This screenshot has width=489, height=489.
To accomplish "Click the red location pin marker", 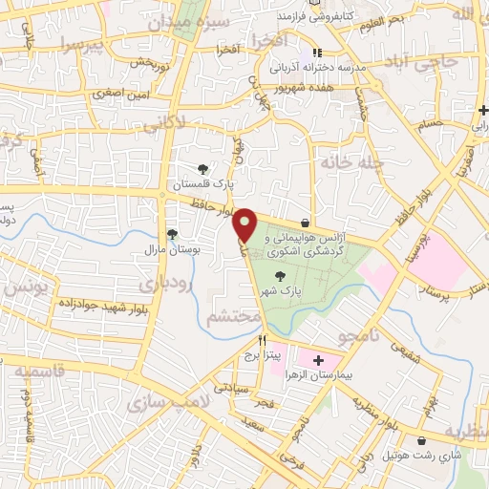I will coord(245,223).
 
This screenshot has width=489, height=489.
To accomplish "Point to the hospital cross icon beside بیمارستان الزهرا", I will coord(318,360).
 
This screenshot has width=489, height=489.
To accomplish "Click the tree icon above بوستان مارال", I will coord(173,234).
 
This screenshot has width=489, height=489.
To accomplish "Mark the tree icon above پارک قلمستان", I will coord(202,168).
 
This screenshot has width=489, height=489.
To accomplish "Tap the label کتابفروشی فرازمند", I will coord(310,18).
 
